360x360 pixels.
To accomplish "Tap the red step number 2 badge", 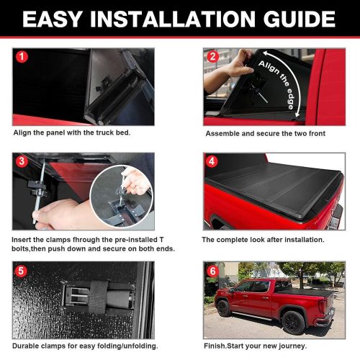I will [x=212, y=57].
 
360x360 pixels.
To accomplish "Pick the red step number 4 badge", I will [x=212, y=160].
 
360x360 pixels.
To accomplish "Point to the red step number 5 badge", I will [x=21, y=271].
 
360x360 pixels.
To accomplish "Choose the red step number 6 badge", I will [x=212, y=271].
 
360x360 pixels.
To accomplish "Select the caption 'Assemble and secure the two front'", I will [x=265, y=134].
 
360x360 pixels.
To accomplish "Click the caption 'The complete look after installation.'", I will [x=263, y=238].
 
